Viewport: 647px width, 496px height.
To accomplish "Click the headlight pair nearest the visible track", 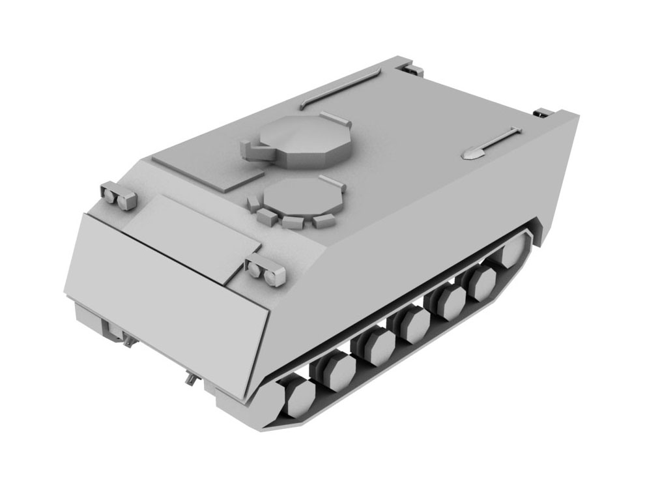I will (x=266, y=269).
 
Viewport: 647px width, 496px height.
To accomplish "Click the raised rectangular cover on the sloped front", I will (x=189, y=235).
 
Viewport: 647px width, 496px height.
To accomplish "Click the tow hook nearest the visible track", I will (x=191, y=377).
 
